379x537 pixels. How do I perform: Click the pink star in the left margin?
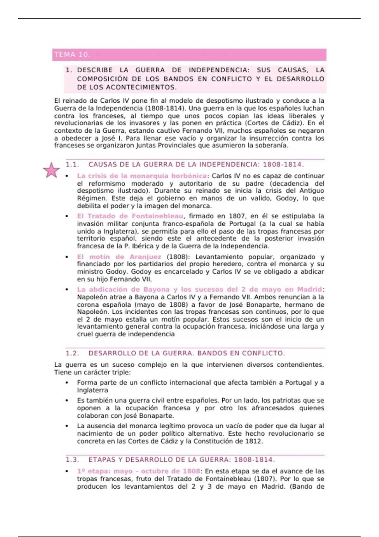pos(51,170)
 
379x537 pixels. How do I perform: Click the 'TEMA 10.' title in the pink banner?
pos(72,55)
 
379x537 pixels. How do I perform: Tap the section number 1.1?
pos(72,165)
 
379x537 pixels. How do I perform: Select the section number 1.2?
pos(72,353)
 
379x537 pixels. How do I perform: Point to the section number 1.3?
pos(72,460)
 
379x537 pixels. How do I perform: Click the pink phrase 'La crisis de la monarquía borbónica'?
pos(142,176)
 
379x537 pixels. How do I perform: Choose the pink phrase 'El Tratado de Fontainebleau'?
pos(130,216)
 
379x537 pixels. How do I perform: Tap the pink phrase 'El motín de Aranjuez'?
pos(119,257)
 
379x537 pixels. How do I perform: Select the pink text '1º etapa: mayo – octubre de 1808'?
pos(138,471)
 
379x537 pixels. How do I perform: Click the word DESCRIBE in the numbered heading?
pos(95,70)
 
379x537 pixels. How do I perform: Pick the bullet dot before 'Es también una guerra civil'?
pos(67,401)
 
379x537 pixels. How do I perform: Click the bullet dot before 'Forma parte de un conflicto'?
pos(67,383)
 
